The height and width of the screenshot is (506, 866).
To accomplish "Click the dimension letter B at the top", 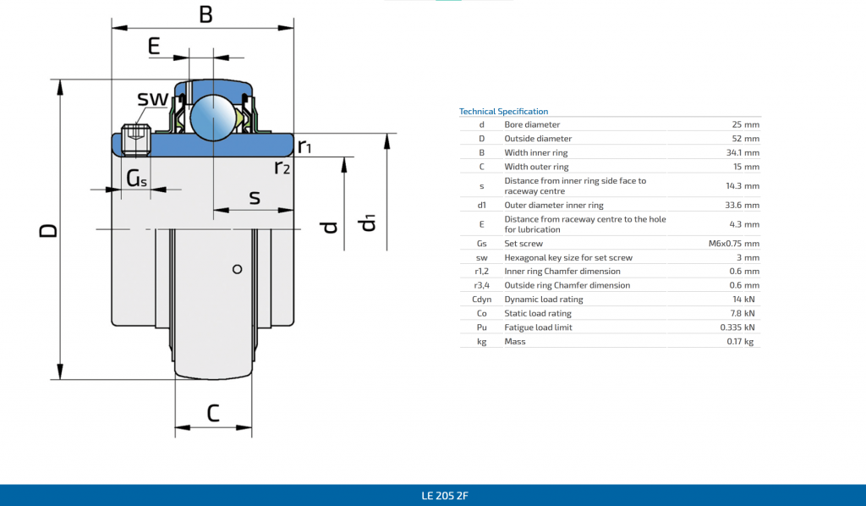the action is tap(206, 14).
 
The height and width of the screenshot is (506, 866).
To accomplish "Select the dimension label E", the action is tap(154, 46).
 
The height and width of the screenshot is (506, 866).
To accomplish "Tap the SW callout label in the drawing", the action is tap(152, 99).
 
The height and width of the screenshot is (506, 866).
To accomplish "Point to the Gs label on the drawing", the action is tap(136, 178).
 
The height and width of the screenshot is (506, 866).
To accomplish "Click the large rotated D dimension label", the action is tap(48, 230).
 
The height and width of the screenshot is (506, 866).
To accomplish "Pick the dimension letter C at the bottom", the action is tap(213, 413).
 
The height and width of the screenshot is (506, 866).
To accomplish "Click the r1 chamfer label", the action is tap(304, 146).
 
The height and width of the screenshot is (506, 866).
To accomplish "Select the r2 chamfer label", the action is tap(282, 167).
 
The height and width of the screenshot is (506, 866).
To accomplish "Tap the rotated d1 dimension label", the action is tap(366, 223).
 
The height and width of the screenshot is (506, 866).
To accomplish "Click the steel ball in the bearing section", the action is tap(213, 118).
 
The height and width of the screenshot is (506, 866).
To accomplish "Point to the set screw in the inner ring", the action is tap(136, 140).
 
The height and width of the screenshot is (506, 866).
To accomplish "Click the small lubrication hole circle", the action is tap(238, 269).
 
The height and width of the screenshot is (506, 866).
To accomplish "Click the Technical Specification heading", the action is tap(503, 111).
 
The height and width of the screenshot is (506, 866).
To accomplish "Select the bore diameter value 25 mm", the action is tap(746, 124).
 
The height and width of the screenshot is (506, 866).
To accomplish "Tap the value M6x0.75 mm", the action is tap(734, 243).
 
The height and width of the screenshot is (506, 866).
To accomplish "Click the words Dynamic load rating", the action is tap(544, 300).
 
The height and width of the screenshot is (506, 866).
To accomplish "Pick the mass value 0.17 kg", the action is tap(740, 341).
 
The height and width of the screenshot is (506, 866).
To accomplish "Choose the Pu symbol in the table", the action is tap(481, 327).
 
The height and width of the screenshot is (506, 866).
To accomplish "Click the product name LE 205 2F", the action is tap(445, 496).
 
